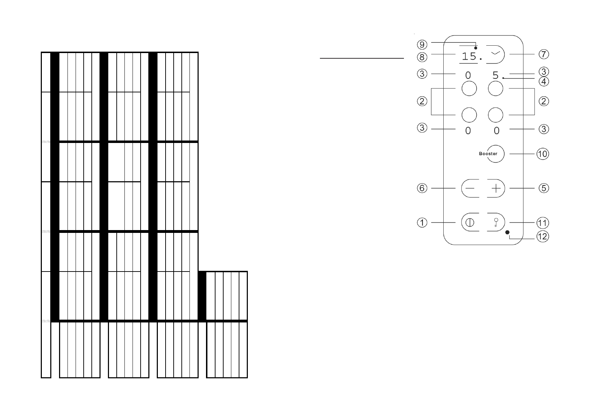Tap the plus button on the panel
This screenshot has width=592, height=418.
(496, 189)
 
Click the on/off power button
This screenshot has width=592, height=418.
(470, 223)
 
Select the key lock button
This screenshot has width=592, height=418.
(496, 223)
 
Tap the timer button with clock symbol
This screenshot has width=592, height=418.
(496, 54)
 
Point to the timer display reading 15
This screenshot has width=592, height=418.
(469, 56)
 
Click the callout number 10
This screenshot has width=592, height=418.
(542, 154)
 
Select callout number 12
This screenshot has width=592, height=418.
(542, 237)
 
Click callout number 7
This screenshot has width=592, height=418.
(543, 54)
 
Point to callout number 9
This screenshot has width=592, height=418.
(422, 45)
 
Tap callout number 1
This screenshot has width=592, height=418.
(422, 223)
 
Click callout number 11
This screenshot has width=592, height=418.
(542, 223)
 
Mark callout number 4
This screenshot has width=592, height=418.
(543, 81)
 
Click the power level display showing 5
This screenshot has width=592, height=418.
(495, 75)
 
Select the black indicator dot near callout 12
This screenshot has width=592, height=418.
(507, 232)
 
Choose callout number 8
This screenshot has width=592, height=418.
(422, 57)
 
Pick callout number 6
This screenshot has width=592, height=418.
(422, 188)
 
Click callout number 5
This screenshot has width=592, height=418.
(543, 188)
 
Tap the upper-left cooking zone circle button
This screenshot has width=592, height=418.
(469, 89)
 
